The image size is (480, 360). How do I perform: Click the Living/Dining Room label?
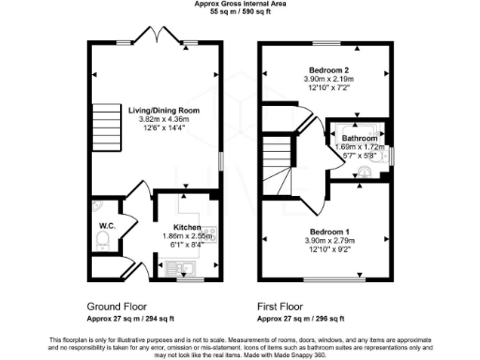(x=155, y=110)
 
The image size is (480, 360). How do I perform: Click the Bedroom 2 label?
(x=328, y=70)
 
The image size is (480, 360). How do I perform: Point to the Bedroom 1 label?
(x=328, y=231)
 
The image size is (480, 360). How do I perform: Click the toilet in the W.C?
(x=104, y=243)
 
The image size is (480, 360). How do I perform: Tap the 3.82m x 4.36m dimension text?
(x=155, y=120)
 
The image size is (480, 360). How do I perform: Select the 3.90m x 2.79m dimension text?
(x=328, y=241)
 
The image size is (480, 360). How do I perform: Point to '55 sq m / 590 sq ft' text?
(x=240, y=12)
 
